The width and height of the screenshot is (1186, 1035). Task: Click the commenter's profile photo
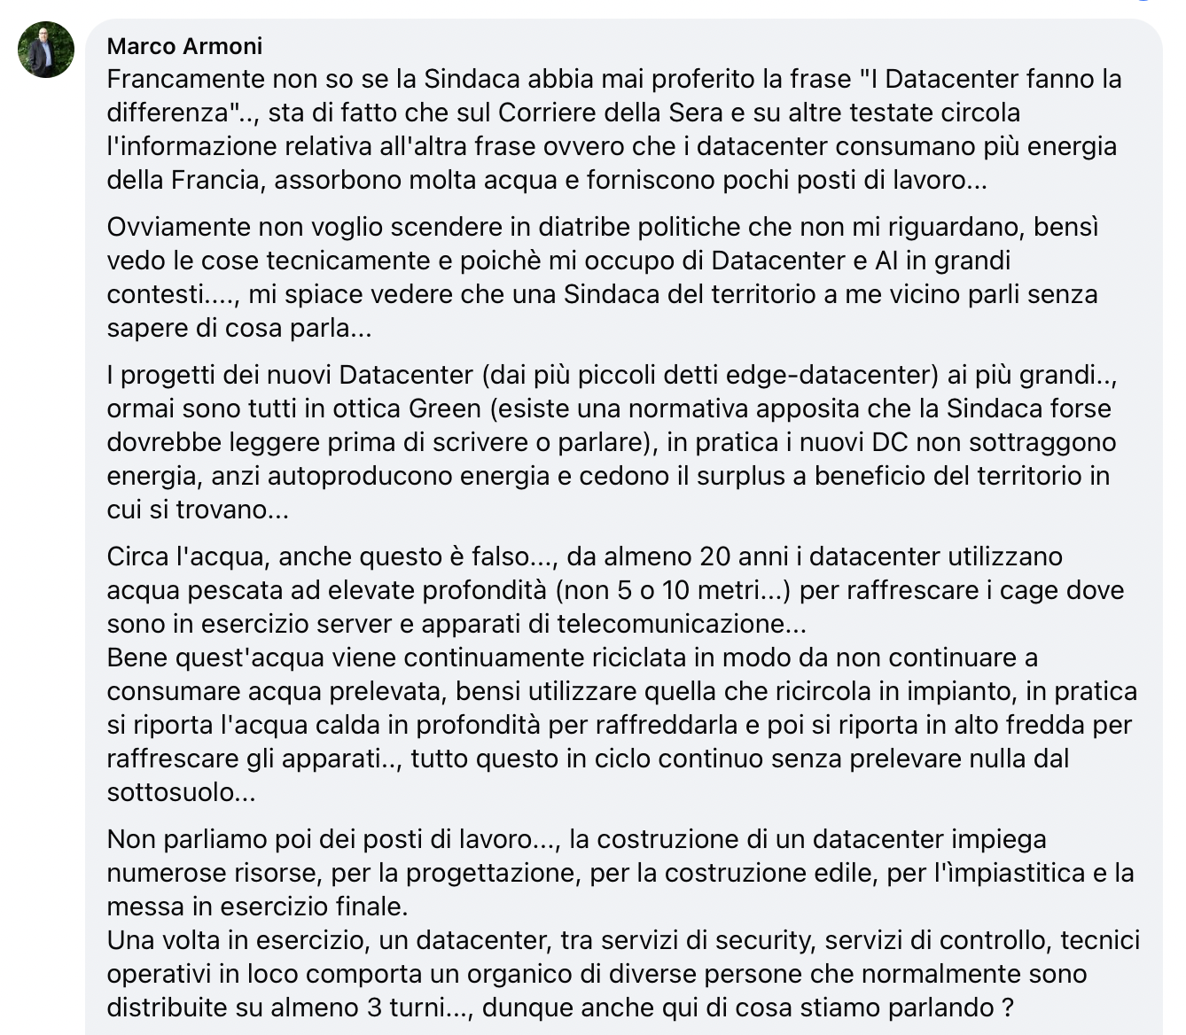tap(46, 51)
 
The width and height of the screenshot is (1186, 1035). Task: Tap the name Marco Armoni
tap(184, 46)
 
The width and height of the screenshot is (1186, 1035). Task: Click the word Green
tap(445, 409)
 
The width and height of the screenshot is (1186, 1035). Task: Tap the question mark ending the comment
tap(1007, 1008)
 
